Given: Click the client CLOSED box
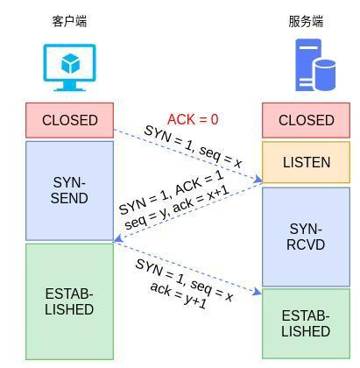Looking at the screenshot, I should point(70,120).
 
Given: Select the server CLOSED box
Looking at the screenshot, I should point(306,120).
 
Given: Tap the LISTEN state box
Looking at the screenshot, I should point(306,162).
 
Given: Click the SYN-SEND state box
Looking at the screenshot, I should point(70,190).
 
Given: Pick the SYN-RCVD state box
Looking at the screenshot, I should point(306,237).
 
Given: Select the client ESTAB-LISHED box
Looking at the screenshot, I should point(70,301).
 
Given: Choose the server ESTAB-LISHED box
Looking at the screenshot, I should point(306,323).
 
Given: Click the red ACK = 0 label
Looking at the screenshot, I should point(193,120).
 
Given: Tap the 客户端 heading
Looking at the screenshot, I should point(70,21).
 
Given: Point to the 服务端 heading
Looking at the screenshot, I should point(306,21).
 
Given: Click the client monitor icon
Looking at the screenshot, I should point(70,67).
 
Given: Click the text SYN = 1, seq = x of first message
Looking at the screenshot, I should point(193,146).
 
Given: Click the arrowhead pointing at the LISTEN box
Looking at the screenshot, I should point(258,181).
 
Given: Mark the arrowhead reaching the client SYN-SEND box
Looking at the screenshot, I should point(118,239).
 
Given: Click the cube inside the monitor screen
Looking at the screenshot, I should point(70,63).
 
